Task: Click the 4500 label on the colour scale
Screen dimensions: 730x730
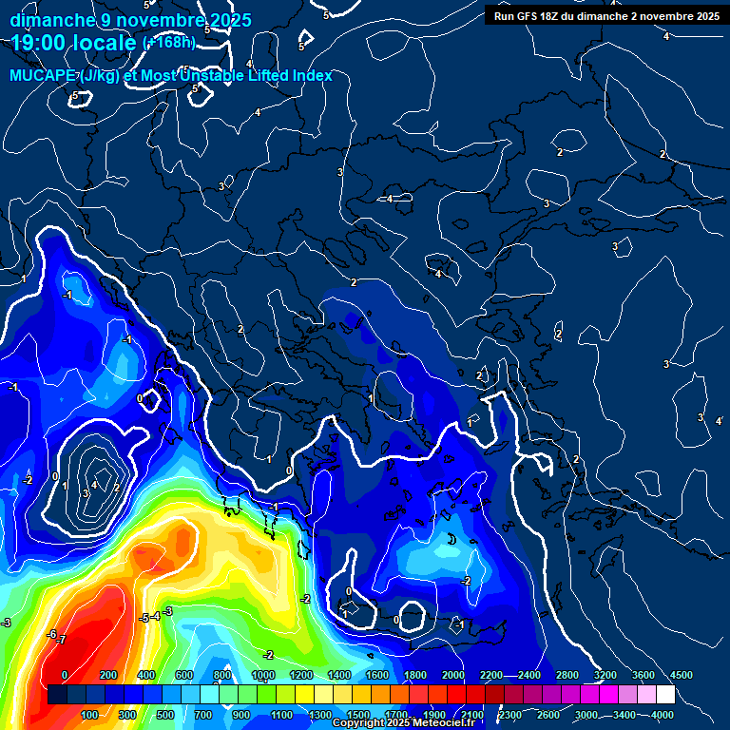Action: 681,674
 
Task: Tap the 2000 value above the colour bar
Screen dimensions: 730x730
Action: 452,674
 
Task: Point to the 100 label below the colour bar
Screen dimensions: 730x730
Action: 89,715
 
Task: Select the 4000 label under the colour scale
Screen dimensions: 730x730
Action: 662,715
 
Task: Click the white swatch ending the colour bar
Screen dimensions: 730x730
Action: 693,695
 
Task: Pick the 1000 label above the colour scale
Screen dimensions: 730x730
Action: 263,674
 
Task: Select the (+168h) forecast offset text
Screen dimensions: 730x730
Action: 169,43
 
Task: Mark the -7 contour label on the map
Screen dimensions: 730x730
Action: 62,640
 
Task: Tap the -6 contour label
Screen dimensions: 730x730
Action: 52,633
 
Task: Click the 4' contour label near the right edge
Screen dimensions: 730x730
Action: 719,420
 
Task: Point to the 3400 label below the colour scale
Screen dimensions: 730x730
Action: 624,715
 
